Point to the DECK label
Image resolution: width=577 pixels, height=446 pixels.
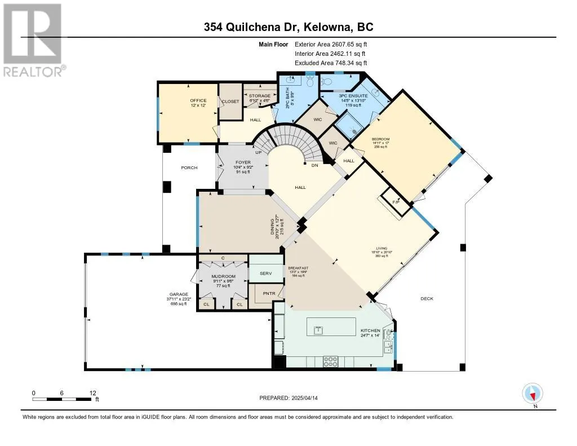pyautogui.click(x=427, y=299)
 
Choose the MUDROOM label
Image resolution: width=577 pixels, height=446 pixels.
pyautogui.click(x=223, y=277)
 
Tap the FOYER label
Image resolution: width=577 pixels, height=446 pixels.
pyautogui.click(x=243, y=162)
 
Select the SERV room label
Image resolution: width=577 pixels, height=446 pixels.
pyautogui.click(x=265, y=273)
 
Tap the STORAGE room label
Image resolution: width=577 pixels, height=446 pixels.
pyautogui.click(x=260, y=96)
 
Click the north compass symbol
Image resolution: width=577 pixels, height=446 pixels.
pyautogui.click(x=532, y=393)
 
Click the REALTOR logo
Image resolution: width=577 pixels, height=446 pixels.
pyautogui.click(x=33, y=39)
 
